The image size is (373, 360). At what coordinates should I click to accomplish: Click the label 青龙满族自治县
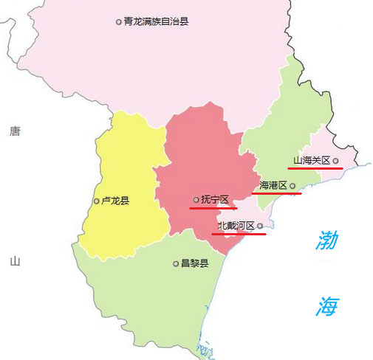click(x=156, y=22)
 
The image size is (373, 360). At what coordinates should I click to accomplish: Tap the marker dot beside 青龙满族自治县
click(x=118, y=22)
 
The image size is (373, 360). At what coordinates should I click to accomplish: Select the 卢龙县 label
click(x=114, y=201)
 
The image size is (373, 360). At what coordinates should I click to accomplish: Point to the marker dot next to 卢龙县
click(x=96, y=201)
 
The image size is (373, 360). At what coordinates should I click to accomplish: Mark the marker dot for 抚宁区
click(x=196, y=200)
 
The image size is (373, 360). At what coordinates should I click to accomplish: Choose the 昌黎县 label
click(x=194, y=263)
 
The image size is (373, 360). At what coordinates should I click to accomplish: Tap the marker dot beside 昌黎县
click(x=175, y=263)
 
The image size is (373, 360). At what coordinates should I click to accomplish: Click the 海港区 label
click(x=273, y=185)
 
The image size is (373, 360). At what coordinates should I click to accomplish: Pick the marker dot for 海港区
click(x=292, y=186)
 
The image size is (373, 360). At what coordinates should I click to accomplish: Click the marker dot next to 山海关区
click(x=335, y=160)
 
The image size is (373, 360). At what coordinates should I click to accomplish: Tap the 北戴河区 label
click(x=236, y=226)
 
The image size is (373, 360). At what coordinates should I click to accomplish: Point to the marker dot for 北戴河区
click(x=260, y=226)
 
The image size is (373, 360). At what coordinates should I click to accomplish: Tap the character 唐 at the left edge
click(x=15, y=131)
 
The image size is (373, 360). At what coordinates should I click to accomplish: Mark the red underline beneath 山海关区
click(x=314, y=168)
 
